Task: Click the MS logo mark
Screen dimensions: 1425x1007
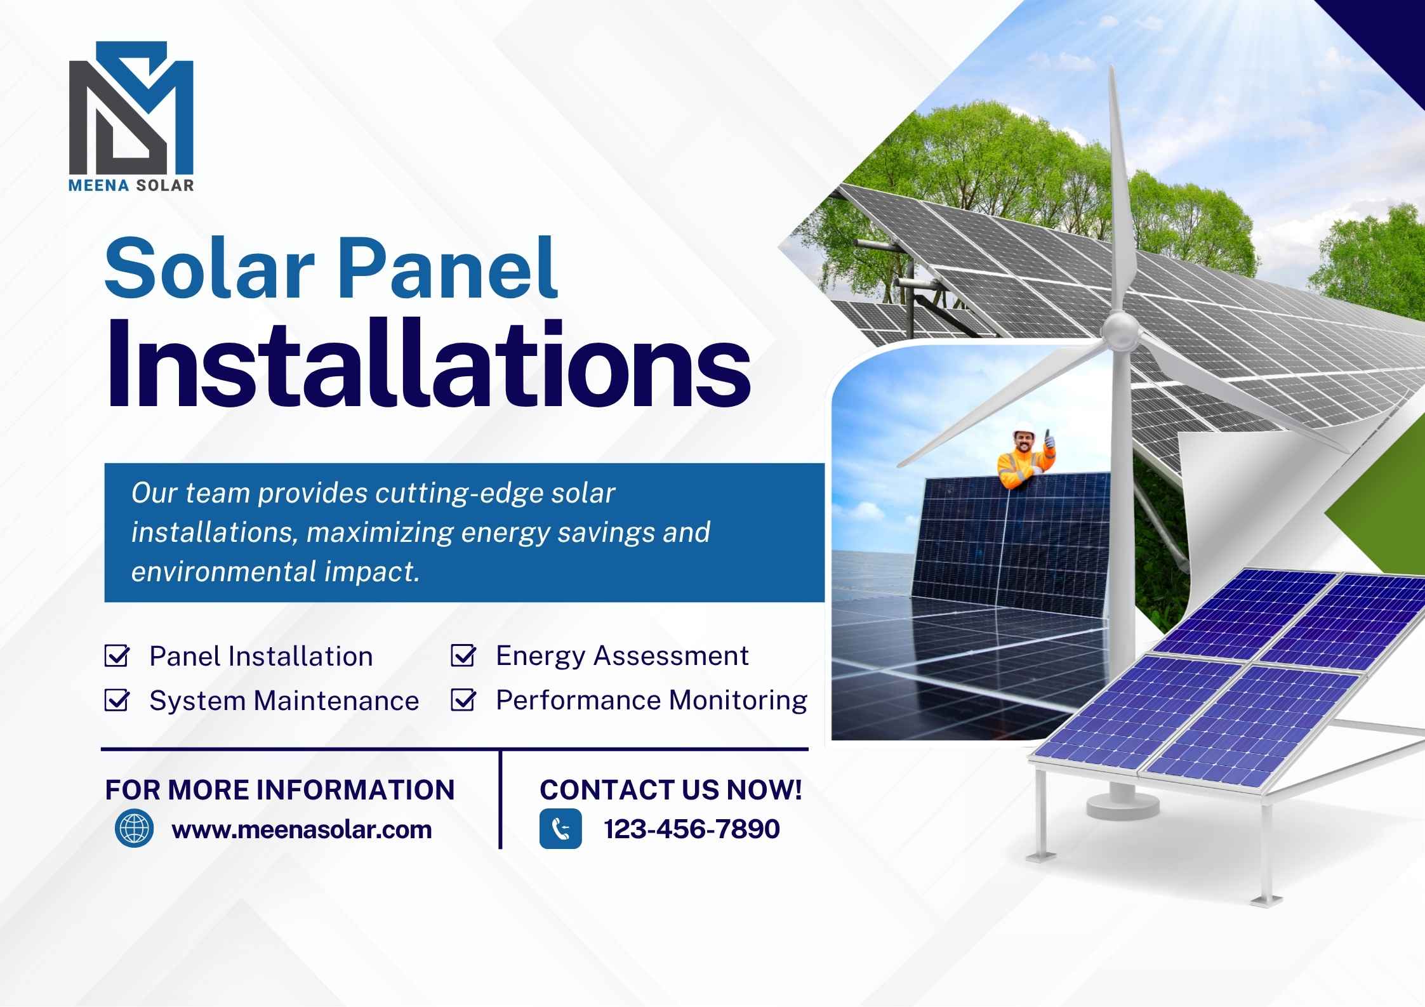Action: (131, 108)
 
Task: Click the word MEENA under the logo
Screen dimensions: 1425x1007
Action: (99, 185)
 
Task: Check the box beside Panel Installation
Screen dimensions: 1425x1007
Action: (117, 656)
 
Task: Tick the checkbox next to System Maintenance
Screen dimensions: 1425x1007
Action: (117, 701)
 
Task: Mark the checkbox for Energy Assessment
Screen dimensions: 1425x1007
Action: (463, 655)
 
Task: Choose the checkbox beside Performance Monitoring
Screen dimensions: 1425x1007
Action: (463, 700)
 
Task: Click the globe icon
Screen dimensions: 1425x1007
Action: (134, 829)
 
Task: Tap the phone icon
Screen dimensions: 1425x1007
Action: (560, 829)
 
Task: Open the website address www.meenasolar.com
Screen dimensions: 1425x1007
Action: (302, 829)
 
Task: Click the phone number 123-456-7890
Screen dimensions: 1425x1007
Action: (692, 829)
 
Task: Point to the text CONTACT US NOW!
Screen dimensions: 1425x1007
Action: (671, 790)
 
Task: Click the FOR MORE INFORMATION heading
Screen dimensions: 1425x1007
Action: (280, 790)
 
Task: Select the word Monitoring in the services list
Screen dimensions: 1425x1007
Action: (738, 701)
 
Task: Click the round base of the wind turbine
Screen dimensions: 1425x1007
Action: (1122, 806)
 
